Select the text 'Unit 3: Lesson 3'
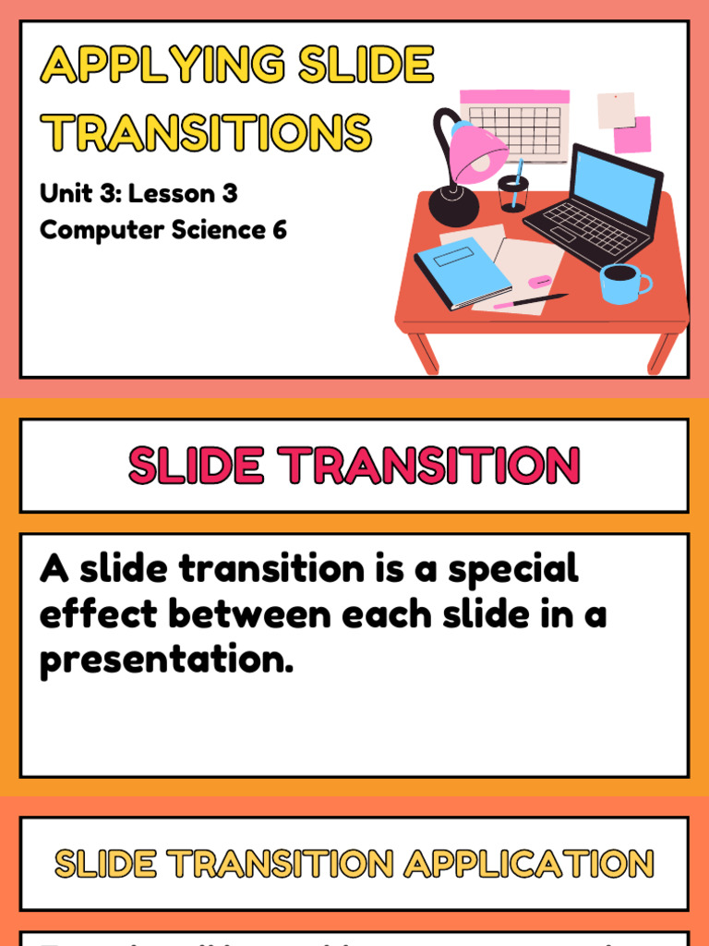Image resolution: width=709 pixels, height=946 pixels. pyautogui.click(x=138, y=194)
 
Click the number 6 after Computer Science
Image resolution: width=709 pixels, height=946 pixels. pyautogui.click(x=279, y=230)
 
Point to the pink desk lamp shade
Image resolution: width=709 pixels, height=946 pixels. pyautogui.click(x=478, y=151)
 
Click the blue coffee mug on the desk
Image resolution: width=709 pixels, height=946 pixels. pyautogui.click(x=621, y=283)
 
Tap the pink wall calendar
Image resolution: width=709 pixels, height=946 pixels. pyautogui.click(x=514, y=124)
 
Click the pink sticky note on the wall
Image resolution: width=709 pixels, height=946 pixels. pyautogui.click(x=632, y=135)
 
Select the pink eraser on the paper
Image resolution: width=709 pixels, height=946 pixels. pyautogui.click(x=539, y=281)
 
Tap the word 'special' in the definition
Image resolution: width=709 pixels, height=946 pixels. pyautogui.click(x=513, y=569)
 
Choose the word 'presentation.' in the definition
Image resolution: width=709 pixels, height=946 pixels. pyautogui.click(x=166, y=660)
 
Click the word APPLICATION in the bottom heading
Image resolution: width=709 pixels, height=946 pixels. pyautogui.click(x=528, y=865)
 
